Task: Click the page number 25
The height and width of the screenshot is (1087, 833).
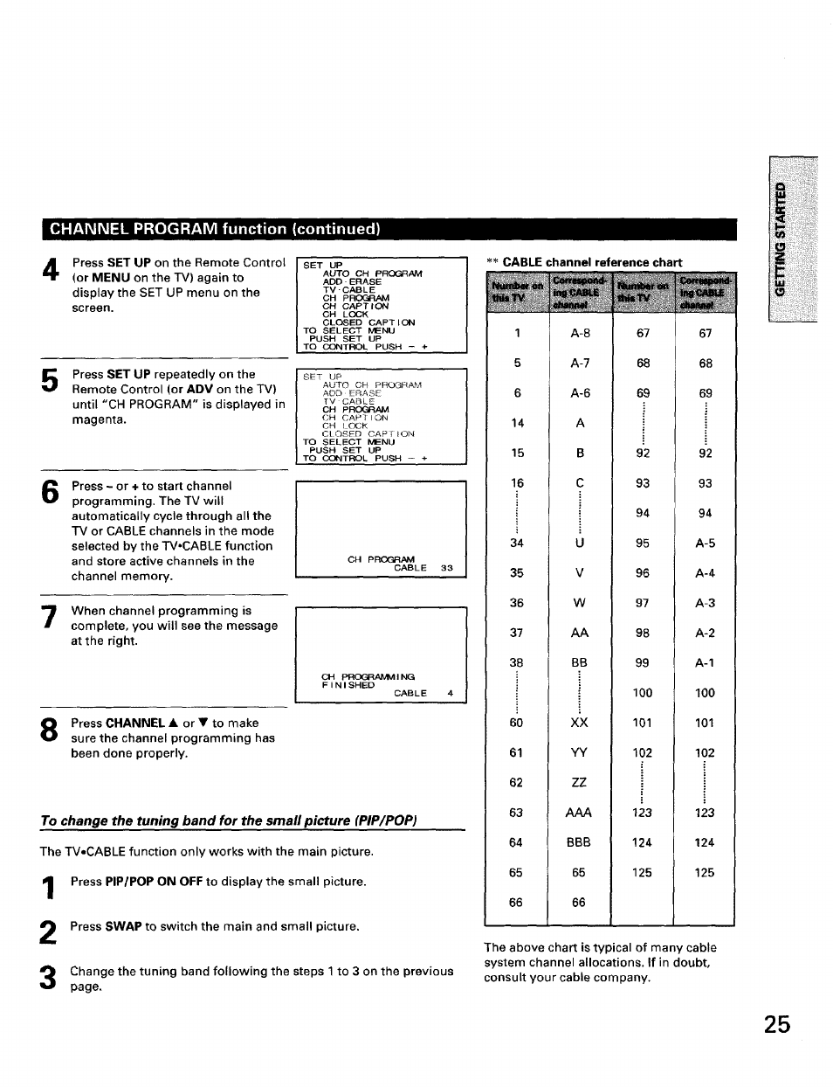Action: click(x=775, y=1024)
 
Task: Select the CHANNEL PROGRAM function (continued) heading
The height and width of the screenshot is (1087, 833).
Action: click(x=215, y=230)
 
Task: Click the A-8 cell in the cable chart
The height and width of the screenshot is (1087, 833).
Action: click(x=580, y=333)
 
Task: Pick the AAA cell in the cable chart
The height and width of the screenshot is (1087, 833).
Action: click(x=578, y=813)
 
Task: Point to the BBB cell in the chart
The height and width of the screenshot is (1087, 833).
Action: click(x=578, y=842)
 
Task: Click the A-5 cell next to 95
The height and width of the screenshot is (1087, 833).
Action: click(x=705, y=543)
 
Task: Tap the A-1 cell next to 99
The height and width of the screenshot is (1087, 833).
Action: click(x=705, y=663)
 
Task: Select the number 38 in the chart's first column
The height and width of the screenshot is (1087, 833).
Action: click(x=516, y=663)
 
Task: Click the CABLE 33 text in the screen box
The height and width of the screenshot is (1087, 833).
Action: click(x=423, y=568)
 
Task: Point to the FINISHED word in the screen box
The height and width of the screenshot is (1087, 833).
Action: click(x=336, y=685)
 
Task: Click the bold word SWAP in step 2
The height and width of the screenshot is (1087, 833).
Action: click(x=123, y=926)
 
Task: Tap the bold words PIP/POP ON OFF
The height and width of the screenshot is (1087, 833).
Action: click(x=154, y=882)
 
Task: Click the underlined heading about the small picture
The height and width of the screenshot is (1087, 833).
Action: click(x=229, y=821)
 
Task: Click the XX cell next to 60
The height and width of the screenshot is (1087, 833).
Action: click(x=579, y=723)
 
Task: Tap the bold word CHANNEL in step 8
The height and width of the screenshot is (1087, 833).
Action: click(x=134, y=724)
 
